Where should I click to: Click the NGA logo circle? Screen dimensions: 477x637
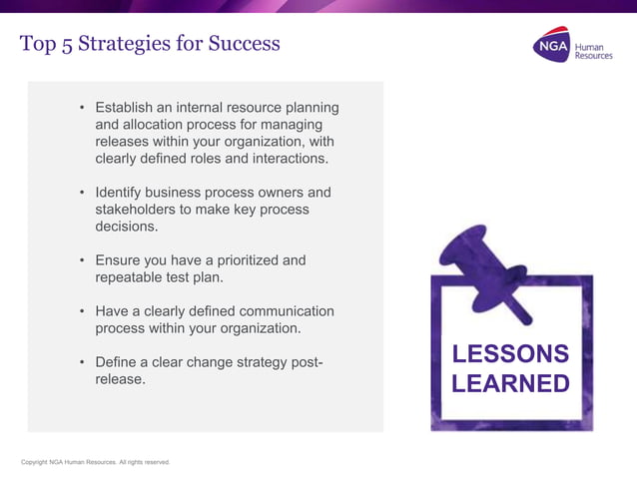coord(551,46)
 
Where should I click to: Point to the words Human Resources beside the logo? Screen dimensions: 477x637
coord(593,50)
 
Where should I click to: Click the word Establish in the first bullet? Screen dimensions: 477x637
coord(127,108)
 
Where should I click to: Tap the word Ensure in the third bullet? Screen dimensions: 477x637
coord(120,260)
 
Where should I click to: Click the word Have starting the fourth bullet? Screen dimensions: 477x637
coord(113,311)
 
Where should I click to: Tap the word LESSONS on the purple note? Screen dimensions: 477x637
coord(510,354)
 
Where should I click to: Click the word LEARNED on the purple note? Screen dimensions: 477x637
coord(510,384)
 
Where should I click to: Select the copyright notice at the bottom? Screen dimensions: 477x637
coord(96,462)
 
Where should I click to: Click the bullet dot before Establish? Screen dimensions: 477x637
coord(82,108)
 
